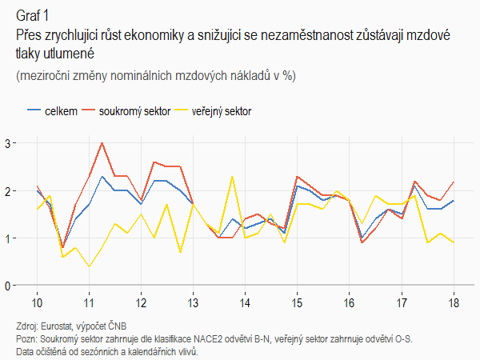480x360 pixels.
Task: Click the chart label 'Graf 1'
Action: tap(32, 15)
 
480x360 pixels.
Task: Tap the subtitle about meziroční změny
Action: tap(155, 75)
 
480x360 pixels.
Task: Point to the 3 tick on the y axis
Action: tap(7, 143)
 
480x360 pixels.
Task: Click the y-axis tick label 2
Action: tap(7, 190)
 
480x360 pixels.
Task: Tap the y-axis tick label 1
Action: tap(7, 238)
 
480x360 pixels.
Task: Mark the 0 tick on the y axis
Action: tap(7, 286)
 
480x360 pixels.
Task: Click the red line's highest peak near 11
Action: tap(102, 143)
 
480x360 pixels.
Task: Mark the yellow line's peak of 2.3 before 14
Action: tap(232, 176)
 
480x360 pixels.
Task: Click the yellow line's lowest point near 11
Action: tap(89, 266)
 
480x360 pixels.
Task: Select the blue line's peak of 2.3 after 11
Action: tap(102, 176)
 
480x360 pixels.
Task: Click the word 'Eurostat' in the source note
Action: tap(63, 326)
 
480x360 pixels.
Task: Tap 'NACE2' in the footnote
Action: tap(204, 338)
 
